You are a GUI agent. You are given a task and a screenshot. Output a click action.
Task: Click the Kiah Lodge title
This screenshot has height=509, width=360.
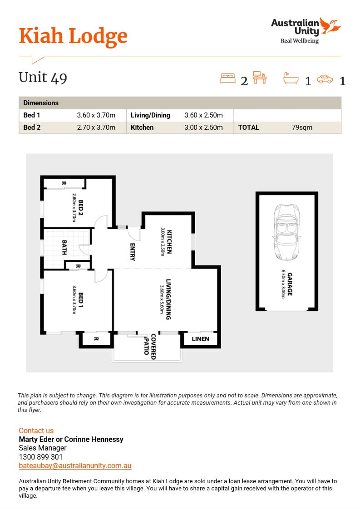tap(73, 36)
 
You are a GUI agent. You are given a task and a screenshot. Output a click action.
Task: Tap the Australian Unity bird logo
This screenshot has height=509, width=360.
tap(330, 26)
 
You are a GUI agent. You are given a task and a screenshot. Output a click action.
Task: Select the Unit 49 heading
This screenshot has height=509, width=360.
tap(43, 78)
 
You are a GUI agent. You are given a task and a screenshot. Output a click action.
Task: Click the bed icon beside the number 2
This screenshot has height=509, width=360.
tap(228, 78)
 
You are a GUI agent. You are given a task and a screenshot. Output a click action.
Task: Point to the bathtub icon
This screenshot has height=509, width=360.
tap(291, 78)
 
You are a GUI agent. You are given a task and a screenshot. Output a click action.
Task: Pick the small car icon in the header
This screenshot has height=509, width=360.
tap(325, 79)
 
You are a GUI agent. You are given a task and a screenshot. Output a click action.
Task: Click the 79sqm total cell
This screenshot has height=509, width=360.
tap(302, 127)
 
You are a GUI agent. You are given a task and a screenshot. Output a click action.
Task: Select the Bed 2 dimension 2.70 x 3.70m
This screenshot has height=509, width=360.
tap(96, 127)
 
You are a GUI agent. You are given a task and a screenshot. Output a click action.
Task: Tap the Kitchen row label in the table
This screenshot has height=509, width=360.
tap(142, 127)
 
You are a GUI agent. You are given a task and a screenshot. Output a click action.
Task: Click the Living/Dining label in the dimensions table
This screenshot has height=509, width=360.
tap(150, 115)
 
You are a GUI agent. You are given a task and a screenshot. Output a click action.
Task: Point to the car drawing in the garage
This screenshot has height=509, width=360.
tap(287, 232)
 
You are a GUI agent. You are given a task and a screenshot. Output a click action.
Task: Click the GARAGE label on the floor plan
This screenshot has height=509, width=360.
tap(290, 284)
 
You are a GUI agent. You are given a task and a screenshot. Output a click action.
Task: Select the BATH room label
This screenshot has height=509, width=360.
tap(64, 247)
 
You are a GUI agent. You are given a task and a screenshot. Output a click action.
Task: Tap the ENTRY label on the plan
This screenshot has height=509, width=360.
tap(132, 252)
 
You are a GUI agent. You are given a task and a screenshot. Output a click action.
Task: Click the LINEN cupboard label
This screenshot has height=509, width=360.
tap(201, 339)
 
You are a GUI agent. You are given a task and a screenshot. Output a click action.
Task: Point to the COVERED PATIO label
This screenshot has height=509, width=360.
tap(150, 347)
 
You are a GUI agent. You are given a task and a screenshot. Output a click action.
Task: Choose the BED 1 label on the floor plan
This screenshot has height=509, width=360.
tap(81, 300)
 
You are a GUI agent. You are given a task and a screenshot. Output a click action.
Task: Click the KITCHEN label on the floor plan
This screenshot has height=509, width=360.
tap(169, 242)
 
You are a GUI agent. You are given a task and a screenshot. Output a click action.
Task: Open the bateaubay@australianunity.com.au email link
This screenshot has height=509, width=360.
tap(75, 466)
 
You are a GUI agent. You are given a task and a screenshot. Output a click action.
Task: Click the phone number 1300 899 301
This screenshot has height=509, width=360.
tap(40, 457)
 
